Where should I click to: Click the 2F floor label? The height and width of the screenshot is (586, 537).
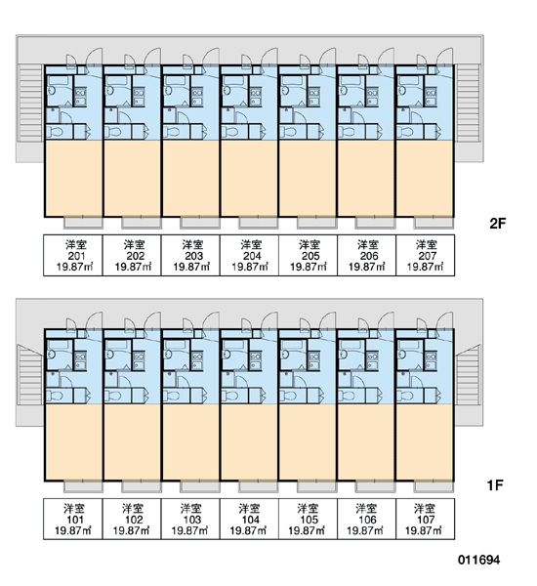click(x=497, y=224)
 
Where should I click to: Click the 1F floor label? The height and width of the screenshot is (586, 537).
click(x=495, y=485)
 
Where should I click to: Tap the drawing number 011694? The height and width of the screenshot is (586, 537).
click(x=478, y=560)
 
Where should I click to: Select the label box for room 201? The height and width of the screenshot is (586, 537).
click(x=73, y=255)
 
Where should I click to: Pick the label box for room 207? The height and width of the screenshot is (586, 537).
click(x=426, y=255)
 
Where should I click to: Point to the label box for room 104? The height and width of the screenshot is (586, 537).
click(x=249, y=519)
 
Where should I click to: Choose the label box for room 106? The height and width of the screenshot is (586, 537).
click(x=366, y=519)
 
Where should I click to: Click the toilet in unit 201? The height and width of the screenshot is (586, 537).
click(x=56, y=132)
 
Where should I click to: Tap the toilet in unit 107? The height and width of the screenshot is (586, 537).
click(x=406, y=396)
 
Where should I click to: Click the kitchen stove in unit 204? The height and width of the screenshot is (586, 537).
click(x=256, y=93)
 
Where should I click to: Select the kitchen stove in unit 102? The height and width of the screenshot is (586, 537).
click(x=139, y=356)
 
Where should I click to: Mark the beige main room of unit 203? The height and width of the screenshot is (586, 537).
click(x=190, y=179)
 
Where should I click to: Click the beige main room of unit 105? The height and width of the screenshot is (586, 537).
click(x=308, y=441)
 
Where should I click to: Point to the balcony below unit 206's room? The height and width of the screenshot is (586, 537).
click(x=375, y=223)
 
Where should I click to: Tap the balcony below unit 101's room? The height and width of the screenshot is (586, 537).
click(x=83, y=485)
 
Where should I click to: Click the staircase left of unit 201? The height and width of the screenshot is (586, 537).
click(x=30, y=103)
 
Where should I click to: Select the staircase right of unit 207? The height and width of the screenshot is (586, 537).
click(x=468, y=103)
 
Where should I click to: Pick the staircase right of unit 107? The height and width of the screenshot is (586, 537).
click(x=468, y=375)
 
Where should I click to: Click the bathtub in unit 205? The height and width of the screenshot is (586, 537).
click(x=293, y=80)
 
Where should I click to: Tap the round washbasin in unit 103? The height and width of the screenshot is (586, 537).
click(x=168, y=354)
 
